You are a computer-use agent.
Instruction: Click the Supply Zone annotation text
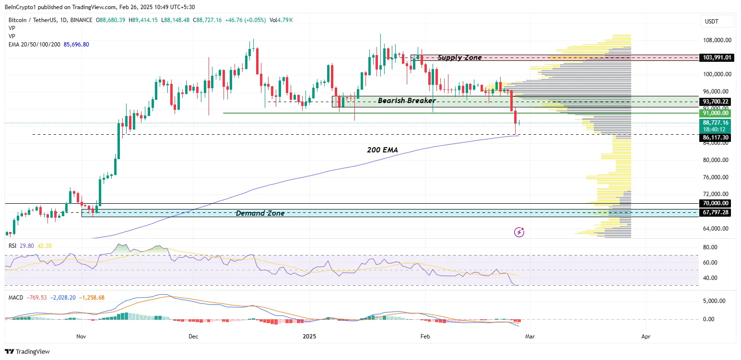click(459, 58)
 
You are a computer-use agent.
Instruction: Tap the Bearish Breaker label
click(407, 101)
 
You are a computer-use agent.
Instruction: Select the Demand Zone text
click(260, 213)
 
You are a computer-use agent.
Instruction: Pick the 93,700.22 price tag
click(716, 102)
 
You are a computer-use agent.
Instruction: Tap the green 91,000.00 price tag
click(716, 113)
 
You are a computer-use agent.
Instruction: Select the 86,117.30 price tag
click(716, 138)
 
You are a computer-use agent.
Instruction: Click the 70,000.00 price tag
click(716, 203)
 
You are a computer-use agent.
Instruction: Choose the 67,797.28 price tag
click(716, 212)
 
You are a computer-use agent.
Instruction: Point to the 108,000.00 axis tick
click(717, 40)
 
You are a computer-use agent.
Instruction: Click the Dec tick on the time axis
click(193, 337)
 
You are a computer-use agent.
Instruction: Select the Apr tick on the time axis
click(646, 337)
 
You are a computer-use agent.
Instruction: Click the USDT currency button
click(712, 22)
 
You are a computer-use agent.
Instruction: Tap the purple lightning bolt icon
click(519, 232)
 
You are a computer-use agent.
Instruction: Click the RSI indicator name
click(13, 245)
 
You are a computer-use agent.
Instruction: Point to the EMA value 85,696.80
click(76, 44)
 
